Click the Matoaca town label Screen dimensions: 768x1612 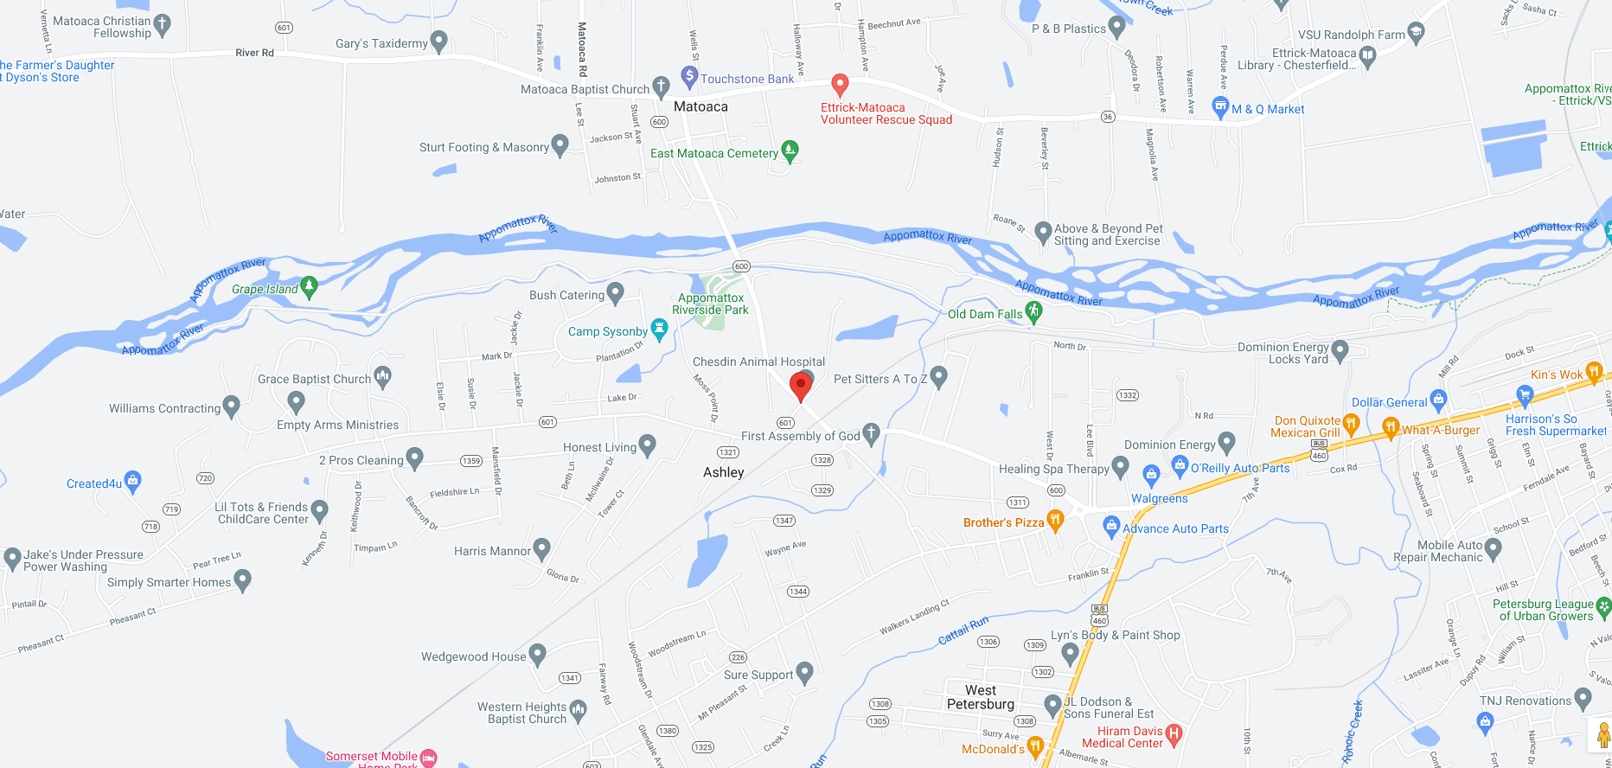[x=700, y=106]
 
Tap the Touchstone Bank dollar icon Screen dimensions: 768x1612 [x=689, y=76]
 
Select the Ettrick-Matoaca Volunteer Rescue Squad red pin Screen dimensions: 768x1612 [x=839, y=84]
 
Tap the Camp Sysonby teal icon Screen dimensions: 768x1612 [x=659, y=329]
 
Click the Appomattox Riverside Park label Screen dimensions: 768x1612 [x=710, y=304]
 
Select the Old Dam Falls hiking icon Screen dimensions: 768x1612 [x=1033, y=311]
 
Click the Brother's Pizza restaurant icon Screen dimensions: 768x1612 [x=1055, y=520]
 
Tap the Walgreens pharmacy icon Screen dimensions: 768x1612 [x=1151, y=474]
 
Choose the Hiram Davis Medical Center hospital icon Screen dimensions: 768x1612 [x=1174, y=734]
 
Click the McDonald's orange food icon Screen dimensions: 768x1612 [x=1035, y=746]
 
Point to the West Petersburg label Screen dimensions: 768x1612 [x=981, y=697]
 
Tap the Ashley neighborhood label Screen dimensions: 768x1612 [x=724, y=472]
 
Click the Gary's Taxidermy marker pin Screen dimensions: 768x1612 [x=438, y=40]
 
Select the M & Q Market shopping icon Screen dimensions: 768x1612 [x=1220, y=107]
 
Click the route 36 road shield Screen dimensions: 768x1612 [x=1108, y=117]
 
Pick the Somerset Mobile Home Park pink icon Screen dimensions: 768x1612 [x=428, y=758]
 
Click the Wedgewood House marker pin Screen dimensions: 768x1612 [x=537, y=654]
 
